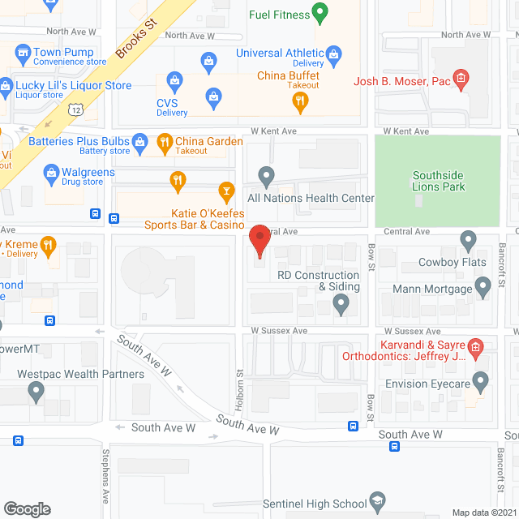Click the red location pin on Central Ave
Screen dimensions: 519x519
click(x=259, y=240)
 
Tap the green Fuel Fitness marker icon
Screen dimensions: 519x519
click(x=320, y=13)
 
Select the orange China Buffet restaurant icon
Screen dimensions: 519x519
click(x=300, y=101)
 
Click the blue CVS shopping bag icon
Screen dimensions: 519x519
click(x=174, y=79)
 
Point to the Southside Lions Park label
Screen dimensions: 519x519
click(x=439, y=181)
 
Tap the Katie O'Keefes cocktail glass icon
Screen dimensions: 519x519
click(x=227, y=191)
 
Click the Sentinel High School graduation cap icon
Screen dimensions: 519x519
click(x=376, y=501)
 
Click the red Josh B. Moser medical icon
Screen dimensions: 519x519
click(x=461, y=79)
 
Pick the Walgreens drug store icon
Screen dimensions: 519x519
click(x=51, y=172)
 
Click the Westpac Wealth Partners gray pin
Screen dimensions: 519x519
click(x=36, y=392)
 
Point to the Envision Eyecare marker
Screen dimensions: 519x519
click(x=480, y=380)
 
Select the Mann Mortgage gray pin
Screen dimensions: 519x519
click(x=483, y=286)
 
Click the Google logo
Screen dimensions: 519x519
click(x=27, y=508)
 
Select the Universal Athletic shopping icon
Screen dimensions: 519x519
click(x=209, y=61)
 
